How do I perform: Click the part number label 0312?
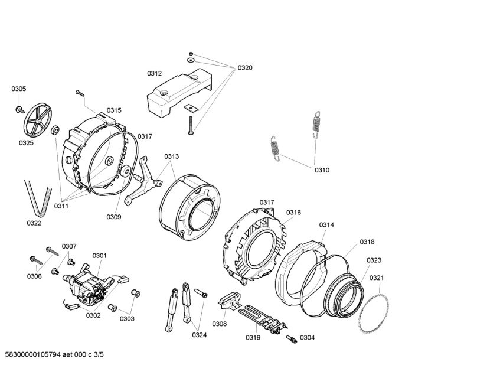[x=154, y=74]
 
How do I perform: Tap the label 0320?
[x=245, y=68]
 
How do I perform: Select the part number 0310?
[x=322, y=170]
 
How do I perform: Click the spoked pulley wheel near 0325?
[x=38, y=122]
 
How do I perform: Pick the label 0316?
[x=293, y=213]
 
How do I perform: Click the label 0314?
[x=326, y=225]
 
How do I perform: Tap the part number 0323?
[x=374, y=260]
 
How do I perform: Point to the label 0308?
[x=220, y=324]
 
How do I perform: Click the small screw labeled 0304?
[x=290, y=338]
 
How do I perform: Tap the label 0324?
[x=199, y=335]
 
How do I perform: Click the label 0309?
[x=114, y=217]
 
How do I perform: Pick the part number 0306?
[x=34, y=276]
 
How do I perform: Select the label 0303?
[x=127, y=319]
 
